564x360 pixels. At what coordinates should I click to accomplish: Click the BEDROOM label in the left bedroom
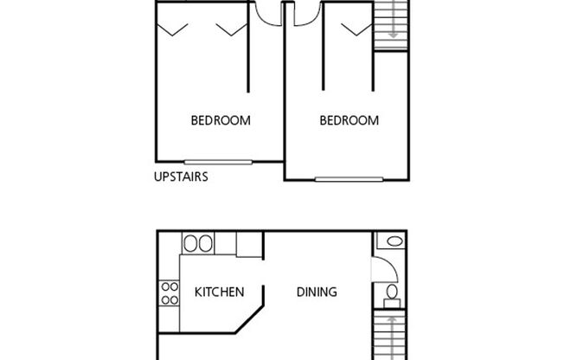221,121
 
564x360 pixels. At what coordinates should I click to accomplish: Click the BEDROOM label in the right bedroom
349,121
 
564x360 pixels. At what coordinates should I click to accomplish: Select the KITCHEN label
219,292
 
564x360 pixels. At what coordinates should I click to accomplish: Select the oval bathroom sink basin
393,241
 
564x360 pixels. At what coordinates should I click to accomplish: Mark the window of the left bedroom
219,161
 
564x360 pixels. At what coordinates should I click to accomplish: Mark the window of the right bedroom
349,180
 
